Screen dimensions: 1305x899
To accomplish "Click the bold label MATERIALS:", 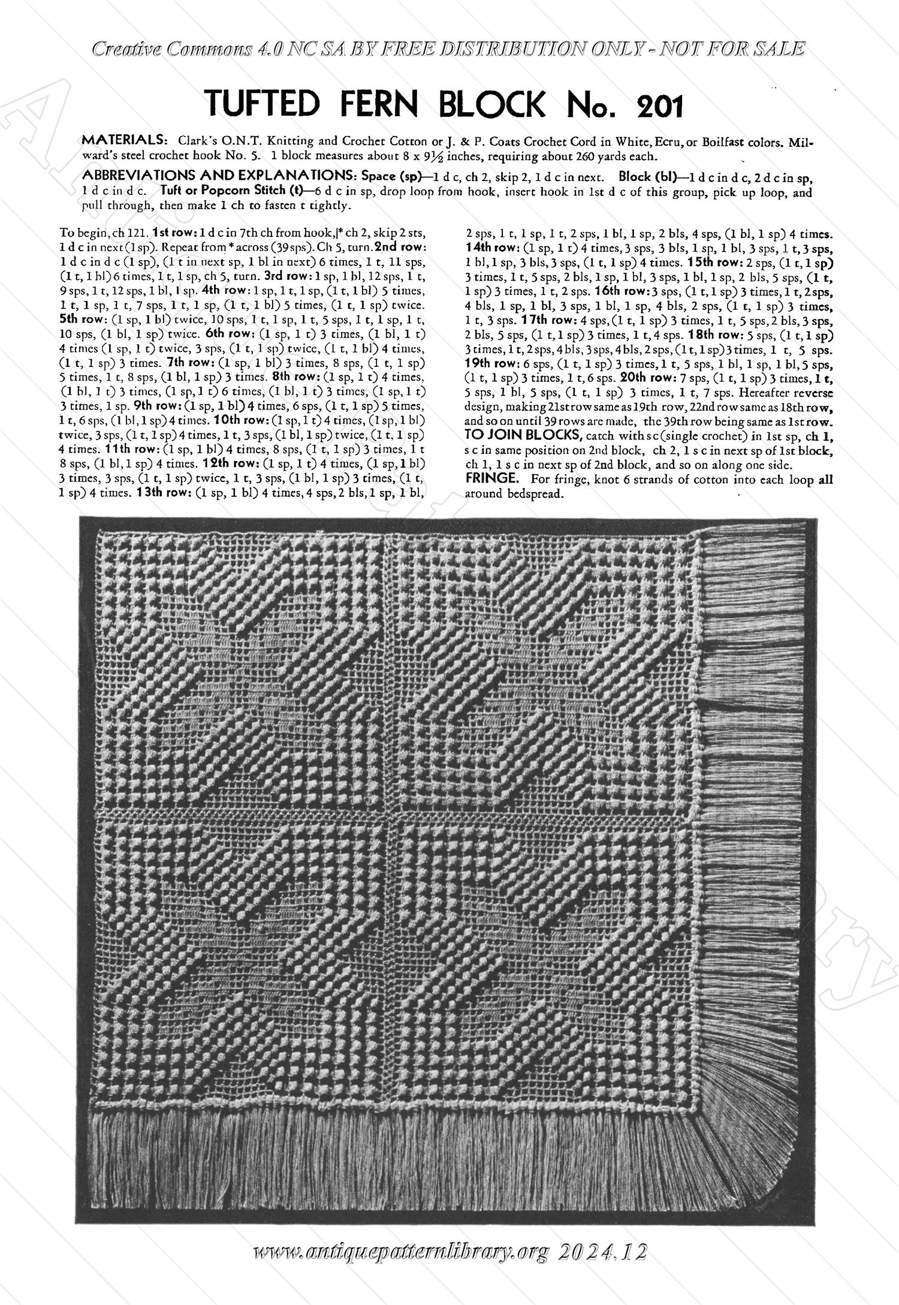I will (x=123, y=141).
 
